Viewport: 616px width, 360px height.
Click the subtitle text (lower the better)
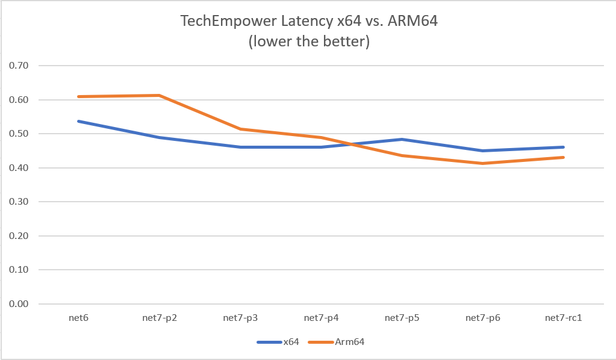click(x=308, y=42)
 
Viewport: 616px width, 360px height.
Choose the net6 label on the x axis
click(x=78, y=317)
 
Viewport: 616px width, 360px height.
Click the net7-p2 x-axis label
click(x=159, y=317)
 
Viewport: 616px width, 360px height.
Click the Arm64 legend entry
click(x=337, y=342)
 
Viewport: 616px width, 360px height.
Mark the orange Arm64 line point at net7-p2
click(x=159, y=95)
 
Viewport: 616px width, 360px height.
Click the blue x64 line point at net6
click(x=78, y=121)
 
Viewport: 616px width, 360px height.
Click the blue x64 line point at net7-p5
click(x=402, y=140)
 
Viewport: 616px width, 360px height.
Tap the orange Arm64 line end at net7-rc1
click(x=564, y=157)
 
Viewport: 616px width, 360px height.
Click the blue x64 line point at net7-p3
click(x=240, y=147)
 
